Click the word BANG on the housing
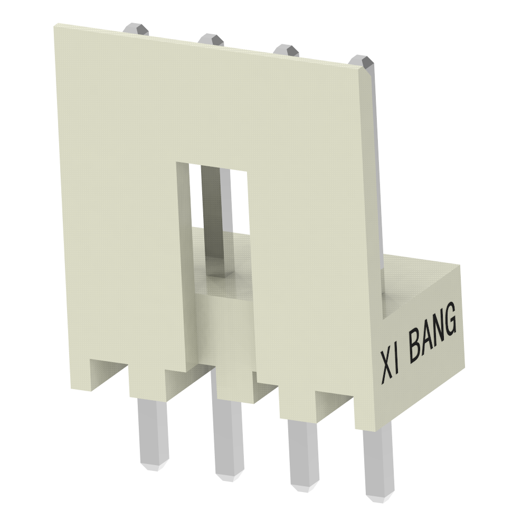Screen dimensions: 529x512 pyautogui.click(x=433, y=332)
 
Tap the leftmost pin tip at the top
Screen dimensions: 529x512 pyautogui.click(x=136, y=28)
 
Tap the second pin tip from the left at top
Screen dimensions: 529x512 pyautogui.click(x=212, y=39)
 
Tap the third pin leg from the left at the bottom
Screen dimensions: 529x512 pyautogui.click(x=304, y=451)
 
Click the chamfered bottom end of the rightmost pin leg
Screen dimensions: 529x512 pyautogui.click(x=380, y=496)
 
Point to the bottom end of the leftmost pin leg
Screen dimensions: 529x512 pyautogui.click(x=154, y=465)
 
